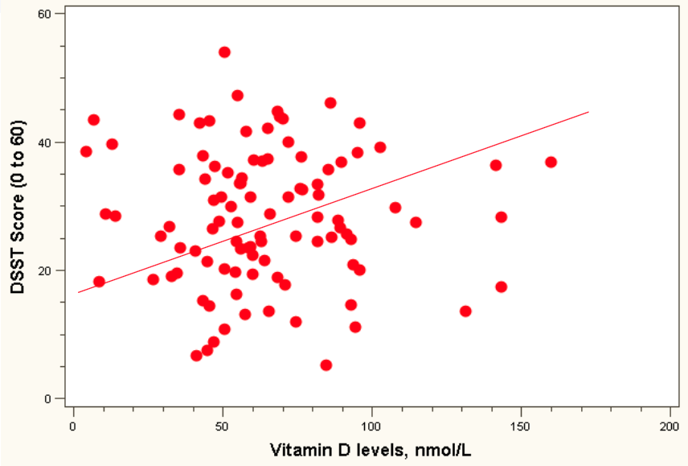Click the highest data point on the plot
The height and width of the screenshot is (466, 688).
224,52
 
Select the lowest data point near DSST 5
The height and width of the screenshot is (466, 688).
326,365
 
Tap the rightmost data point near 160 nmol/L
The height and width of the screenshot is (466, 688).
551,162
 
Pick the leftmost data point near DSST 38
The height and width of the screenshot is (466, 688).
86,151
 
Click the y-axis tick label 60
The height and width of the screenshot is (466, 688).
45,14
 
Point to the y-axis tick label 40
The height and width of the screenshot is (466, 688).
45,142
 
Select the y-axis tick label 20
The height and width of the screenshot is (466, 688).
45,270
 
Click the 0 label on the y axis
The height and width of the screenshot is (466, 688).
48,399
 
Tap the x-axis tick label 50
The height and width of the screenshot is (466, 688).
223,427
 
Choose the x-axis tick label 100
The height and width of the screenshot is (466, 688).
372,427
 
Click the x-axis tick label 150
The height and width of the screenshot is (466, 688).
522,427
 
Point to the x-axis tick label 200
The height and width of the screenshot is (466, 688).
670,427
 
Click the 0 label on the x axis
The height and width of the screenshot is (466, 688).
73,427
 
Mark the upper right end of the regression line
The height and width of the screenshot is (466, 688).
588,112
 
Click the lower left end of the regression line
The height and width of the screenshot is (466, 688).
78,292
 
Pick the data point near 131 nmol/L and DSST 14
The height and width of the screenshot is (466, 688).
465,311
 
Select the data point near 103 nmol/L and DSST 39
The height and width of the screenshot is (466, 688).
380,147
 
